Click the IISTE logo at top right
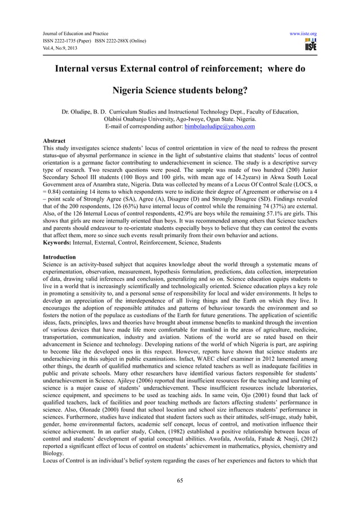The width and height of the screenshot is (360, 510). click(x=310, y=45)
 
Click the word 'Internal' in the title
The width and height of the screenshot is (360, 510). click(x=80, y=70)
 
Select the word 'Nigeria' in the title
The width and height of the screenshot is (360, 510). click(x=134, y=89)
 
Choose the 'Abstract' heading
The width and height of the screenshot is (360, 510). click(x=54, y=141)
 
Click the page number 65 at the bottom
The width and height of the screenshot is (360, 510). click(x=180, y=482)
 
